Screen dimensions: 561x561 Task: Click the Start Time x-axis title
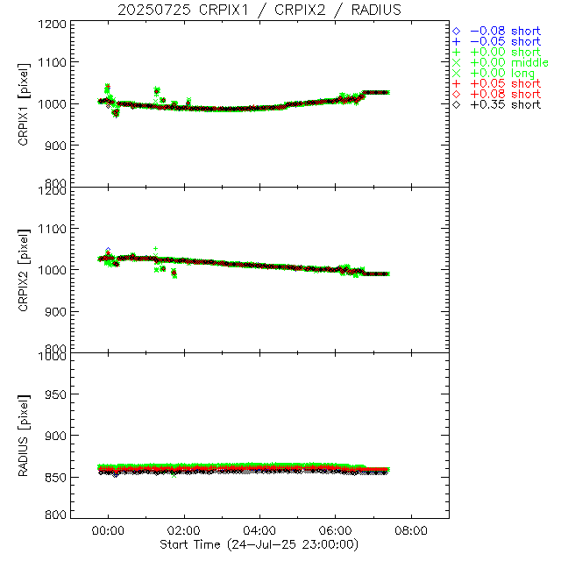[x=260, y=543]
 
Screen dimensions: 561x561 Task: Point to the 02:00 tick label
[x=184, y=530]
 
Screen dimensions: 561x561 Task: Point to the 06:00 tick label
[x=336, y=530]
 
